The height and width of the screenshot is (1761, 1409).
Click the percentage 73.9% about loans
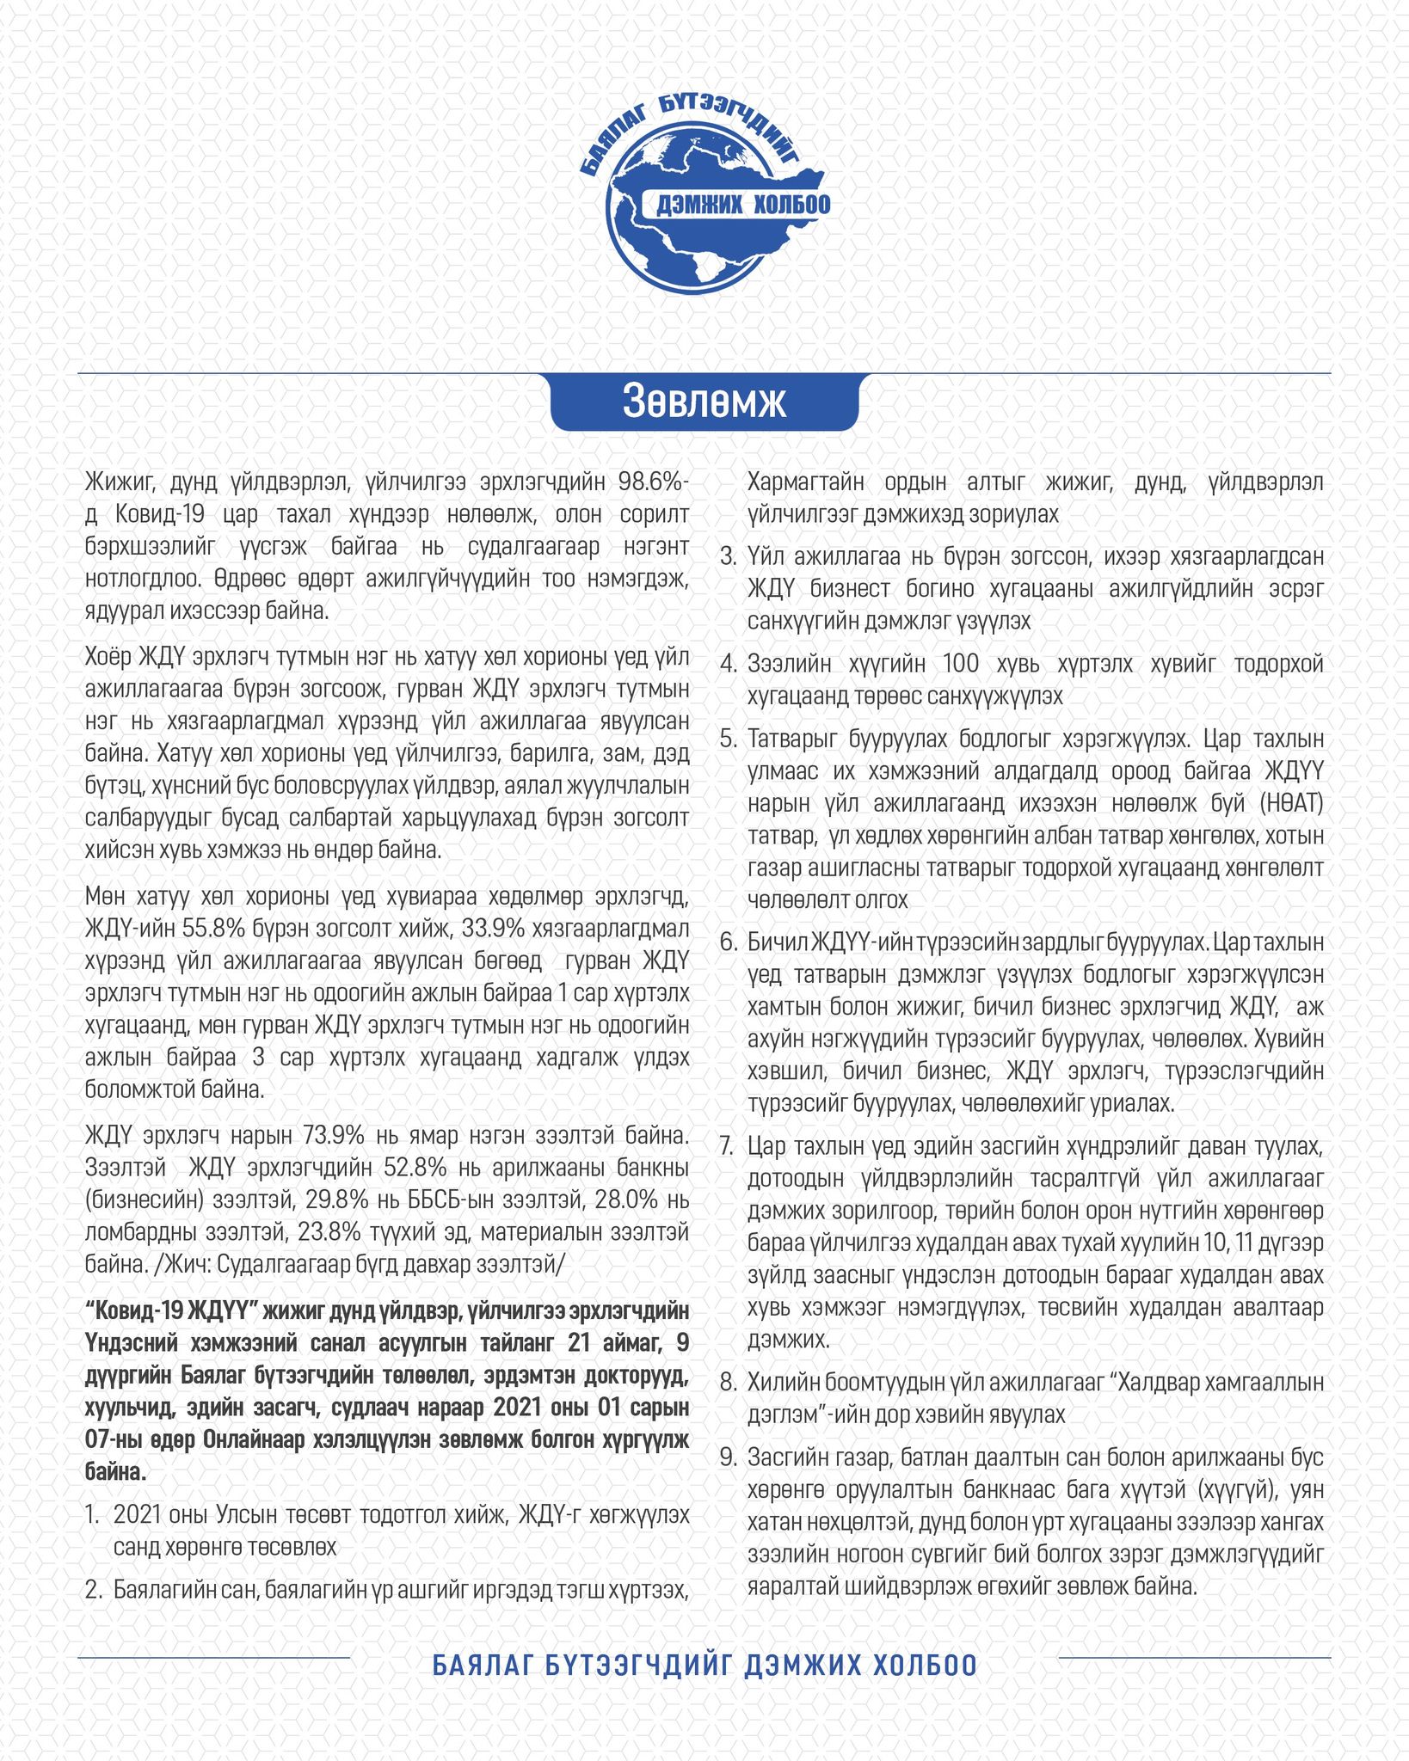coord(335,1135)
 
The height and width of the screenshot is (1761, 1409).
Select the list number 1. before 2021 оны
coord(94,1514)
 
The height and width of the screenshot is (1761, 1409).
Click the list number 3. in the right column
coord(728,557)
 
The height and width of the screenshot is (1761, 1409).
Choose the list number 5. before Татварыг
coord(728,739)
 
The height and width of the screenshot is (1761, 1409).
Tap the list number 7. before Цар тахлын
coord(728,1147)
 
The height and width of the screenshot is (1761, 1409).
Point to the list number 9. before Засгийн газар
coord(728,1457)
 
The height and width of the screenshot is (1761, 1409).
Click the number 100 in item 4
coord(961,664)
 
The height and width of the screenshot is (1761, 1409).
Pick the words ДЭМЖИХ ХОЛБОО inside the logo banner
coord(743,205)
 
